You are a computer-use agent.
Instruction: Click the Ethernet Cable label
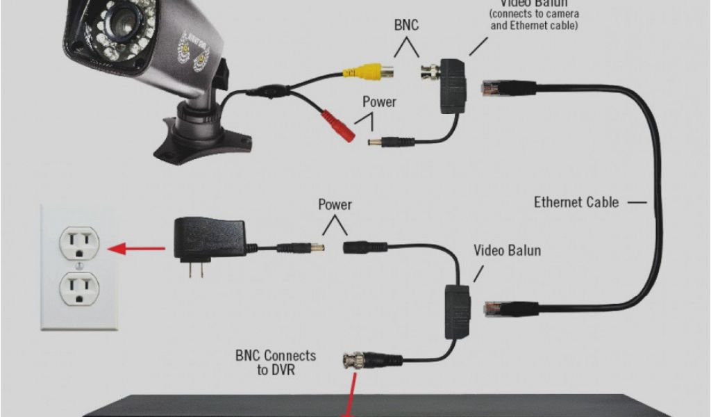[576, 202]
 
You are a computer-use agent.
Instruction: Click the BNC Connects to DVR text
[275, 363]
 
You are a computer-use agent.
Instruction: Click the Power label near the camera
[379, 102]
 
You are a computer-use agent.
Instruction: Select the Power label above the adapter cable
[335, 205]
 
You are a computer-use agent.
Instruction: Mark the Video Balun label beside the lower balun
[507, 250]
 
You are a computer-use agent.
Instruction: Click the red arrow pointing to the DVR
[350, 396]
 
